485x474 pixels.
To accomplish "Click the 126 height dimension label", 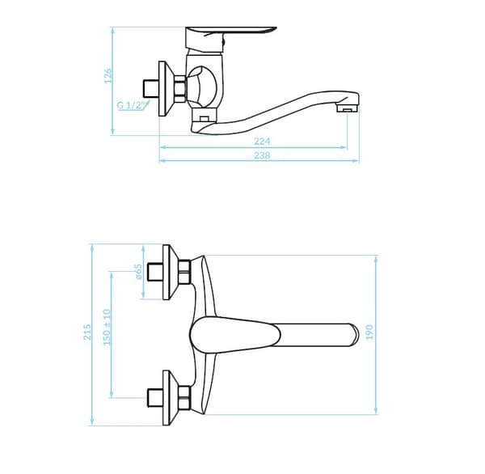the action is (108, 76).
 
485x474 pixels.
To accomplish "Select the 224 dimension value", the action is (262, 142).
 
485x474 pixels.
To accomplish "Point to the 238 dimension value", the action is (262, 155).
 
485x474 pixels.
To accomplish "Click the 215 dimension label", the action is (88, 332).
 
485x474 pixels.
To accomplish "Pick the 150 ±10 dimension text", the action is (107, 328).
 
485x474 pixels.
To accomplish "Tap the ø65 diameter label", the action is (138, 272).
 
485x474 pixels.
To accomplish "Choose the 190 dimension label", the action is (369, 332).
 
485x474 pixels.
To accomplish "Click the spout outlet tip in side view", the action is (348, 108).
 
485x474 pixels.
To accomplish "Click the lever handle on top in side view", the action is (230, 32).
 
